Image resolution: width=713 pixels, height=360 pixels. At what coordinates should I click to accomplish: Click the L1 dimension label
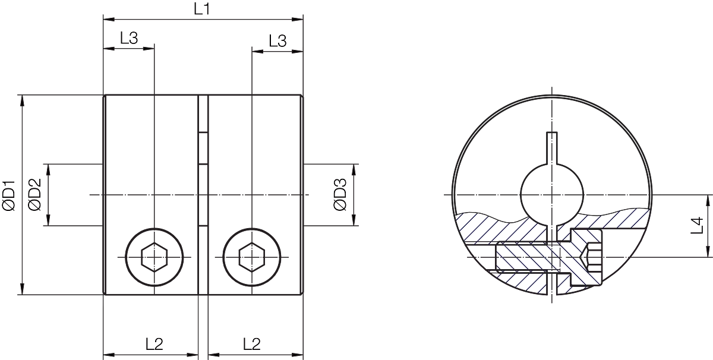click(202, 9)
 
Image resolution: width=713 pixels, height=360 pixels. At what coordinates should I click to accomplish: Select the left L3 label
click(129, 38)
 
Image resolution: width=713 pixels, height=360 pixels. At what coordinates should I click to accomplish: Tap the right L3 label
click(277, 41)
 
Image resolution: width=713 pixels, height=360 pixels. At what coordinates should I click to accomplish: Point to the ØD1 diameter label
click(8, 195)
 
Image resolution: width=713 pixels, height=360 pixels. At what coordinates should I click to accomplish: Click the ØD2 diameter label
click(34, 194)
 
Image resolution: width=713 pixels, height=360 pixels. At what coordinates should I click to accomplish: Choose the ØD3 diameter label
click(340, 194)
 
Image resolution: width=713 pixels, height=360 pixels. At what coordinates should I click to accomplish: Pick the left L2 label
click(154, 344)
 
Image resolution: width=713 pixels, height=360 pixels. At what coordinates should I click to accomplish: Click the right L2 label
click(252, 344)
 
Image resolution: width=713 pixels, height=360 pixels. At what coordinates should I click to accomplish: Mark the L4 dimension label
click(697, 225)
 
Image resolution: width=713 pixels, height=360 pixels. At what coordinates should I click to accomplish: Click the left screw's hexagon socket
click(154, 257)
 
